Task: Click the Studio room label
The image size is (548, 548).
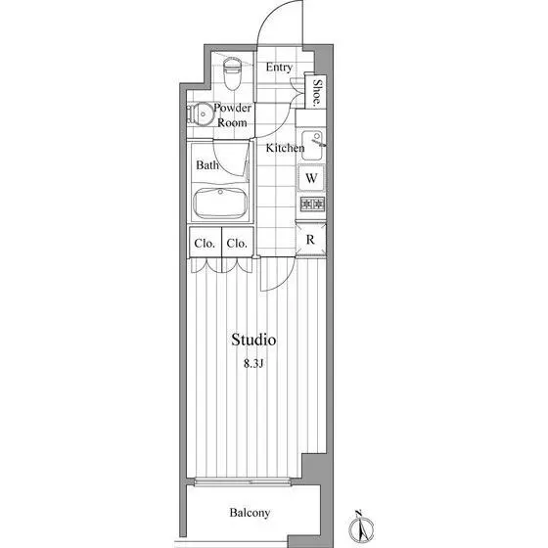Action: pos(253,340)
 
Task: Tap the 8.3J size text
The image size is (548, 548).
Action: pos(253,364)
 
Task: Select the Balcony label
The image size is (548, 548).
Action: pos(250,513)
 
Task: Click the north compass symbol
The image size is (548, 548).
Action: pos(361,526)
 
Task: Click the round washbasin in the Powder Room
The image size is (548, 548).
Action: pos(201,114)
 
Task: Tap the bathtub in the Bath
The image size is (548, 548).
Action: pos(220,204)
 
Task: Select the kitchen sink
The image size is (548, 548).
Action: pos(312,146)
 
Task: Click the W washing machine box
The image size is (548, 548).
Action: pos(311,178)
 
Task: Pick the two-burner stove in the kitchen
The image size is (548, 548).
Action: pos(312,204)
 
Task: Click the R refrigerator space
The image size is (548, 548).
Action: pos(310,240)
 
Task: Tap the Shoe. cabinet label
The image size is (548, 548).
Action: pos(317,93)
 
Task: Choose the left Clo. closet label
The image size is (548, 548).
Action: pos(205,244)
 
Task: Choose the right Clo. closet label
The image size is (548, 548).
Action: pos(237,244)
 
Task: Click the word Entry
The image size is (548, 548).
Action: pos(279,68)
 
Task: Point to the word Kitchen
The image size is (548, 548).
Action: pos(285,148)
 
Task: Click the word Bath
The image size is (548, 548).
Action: pos(207,165)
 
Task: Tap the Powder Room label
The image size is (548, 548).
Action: pos(232,115)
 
